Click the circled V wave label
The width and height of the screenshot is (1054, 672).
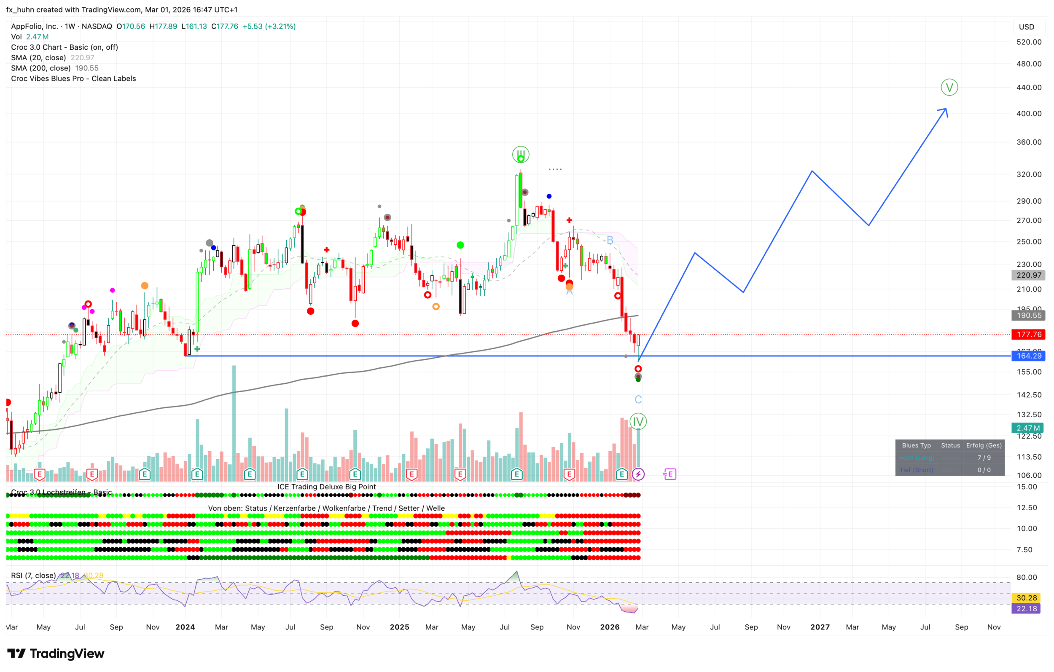[x=949, y=87]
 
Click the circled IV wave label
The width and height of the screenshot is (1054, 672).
[x=638, y=421]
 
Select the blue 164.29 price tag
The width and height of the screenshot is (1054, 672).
[x=1028, y=356]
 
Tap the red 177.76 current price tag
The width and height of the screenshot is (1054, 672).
[x=1028, y=334]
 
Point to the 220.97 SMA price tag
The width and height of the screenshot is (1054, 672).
[x=1028, y=275]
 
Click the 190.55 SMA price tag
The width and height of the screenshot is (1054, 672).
[x=1028, y=316]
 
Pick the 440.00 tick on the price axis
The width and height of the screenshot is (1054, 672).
[x=1029, y=88]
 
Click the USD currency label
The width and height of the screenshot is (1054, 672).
[x=1026, y=27]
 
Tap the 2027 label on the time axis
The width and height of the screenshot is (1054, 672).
[x=820, y=627]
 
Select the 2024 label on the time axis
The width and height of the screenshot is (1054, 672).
[x=185, y=627]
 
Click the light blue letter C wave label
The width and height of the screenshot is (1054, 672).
[x=638, y=399]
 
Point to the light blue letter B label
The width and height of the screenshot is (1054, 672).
[x=610, y=240]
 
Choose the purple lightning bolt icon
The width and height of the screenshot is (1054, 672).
[x=638, y=474]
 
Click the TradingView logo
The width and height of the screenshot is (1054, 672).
[x=56, y=653]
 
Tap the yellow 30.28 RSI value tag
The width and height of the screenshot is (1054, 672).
[x=1027, y=597]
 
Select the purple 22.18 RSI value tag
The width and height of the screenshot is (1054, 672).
[x=1027, y=608]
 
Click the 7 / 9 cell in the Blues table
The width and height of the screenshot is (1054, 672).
[x=984, y=458]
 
